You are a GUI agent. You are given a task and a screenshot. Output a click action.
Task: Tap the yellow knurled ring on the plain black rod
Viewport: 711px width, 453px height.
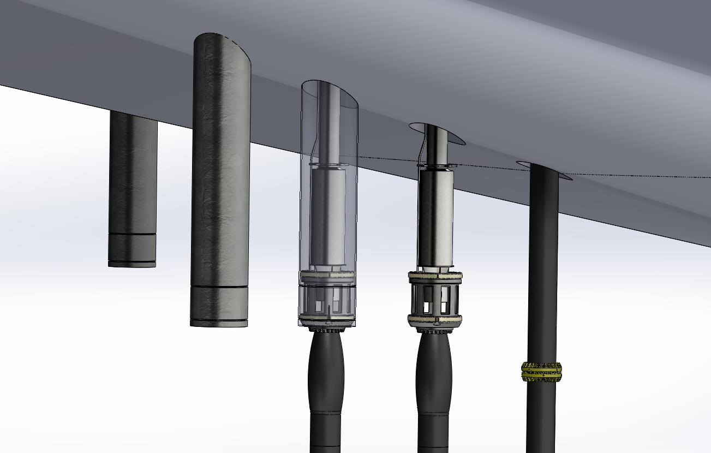pyautogui.click(x=541, y=372)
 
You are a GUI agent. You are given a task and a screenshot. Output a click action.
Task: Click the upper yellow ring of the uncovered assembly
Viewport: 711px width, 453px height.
pyautogui.click(x=435, y=277)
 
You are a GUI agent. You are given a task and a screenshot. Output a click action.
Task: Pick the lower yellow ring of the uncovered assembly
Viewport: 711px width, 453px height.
pyautogui.click(x=435, y=320)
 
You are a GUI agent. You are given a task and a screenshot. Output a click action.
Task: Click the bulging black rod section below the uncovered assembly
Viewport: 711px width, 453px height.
pyautogui.click(x=434, y=371)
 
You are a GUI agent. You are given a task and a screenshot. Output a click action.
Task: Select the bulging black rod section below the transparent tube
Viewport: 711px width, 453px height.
pyautogui.click(x=326, y=371)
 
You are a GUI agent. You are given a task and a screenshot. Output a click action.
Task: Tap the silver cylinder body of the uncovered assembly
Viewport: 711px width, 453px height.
pyautogui.click(x=435, y=218)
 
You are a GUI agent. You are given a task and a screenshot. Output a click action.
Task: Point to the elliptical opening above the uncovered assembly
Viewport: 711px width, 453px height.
pyautogui.click(x=437, y=133)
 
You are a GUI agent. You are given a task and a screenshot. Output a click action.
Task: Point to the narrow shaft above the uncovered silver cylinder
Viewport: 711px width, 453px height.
pyautogui.click(x=434, y=145)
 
